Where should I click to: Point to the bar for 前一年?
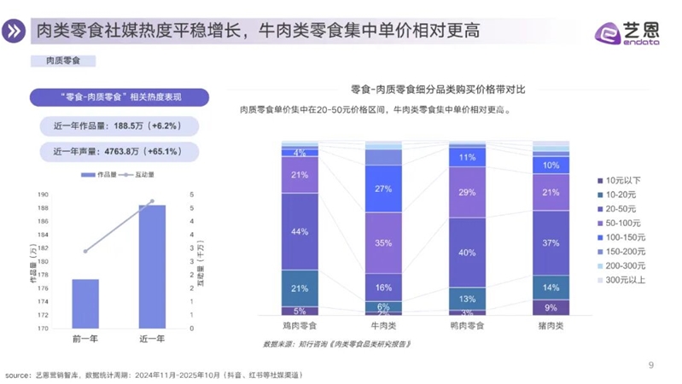85,303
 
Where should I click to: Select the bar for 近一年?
152,266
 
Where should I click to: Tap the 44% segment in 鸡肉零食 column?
300,231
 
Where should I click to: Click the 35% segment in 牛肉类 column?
383,242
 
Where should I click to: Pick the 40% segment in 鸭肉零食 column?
467,253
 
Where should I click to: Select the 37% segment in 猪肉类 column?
551,242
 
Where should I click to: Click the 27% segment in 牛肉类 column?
383,189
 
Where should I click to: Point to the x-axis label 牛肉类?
383,326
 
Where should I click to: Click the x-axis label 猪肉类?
551,326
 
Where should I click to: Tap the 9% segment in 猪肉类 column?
551,307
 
